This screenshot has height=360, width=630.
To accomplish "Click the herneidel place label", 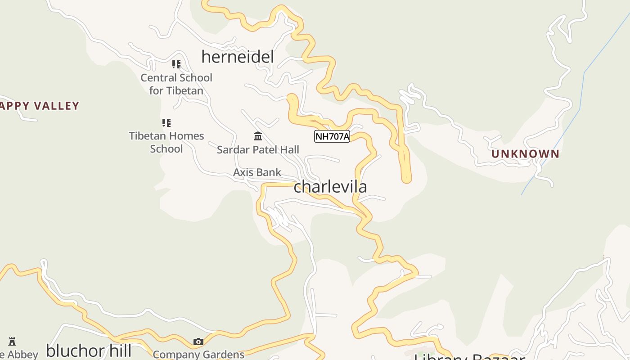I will [x=238, y=57].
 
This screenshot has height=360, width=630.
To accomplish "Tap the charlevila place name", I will [x=330, y=187].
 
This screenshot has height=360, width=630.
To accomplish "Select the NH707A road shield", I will [x=332, y=136].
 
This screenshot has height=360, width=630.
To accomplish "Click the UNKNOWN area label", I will [x=525, y=154].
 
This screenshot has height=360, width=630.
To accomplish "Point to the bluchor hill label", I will [x=89, y=351].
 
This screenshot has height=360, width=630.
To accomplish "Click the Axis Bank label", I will [x=257, y=172].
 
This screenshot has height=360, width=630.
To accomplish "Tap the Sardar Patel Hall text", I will [x=258, y=150].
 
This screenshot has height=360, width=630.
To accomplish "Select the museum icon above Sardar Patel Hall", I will [x=258, y=136].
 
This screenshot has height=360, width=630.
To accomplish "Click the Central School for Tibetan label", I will [x=176, y=84].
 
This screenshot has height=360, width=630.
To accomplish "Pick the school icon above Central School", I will [x=176, y=64].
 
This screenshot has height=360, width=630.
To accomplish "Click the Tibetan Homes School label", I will [x=166, y=142].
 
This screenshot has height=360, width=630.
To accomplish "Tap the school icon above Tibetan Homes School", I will [x=166, y=122].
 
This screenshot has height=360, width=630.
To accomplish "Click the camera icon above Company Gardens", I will [x=198, y=342].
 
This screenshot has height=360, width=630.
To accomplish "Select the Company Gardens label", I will [x=198, y=355].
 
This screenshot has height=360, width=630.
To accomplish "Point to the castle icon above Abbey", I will [x=12, y=342].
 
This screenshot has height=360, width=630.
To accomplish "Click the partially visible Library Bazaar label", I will [x=469, y=357].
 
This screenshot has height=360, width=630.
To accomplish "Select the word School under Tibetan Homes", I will [x=166, y=149].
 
